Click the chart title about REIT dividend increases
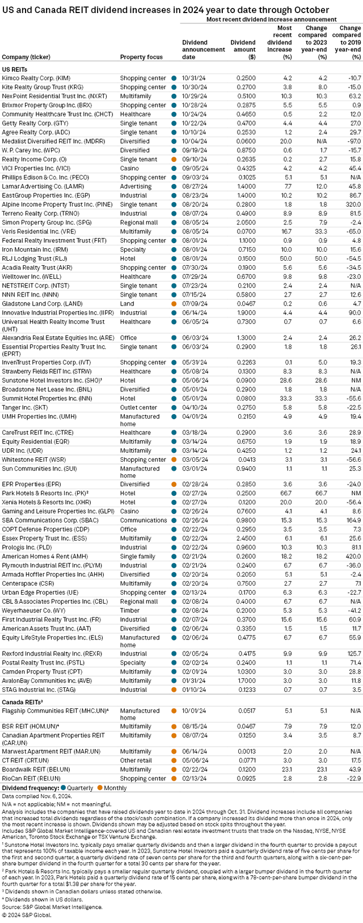pos(165,10)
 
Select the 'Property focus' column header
pos(141,57)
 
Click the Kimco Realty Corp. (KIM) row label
pos(36,78)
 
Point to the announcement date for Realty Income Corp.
pos(193,160)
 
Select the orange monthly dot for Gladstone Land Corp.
pos(174,304)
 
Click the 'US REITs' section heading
pos(15,68)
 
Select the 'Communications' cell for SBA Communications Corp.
pos(143,520)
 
